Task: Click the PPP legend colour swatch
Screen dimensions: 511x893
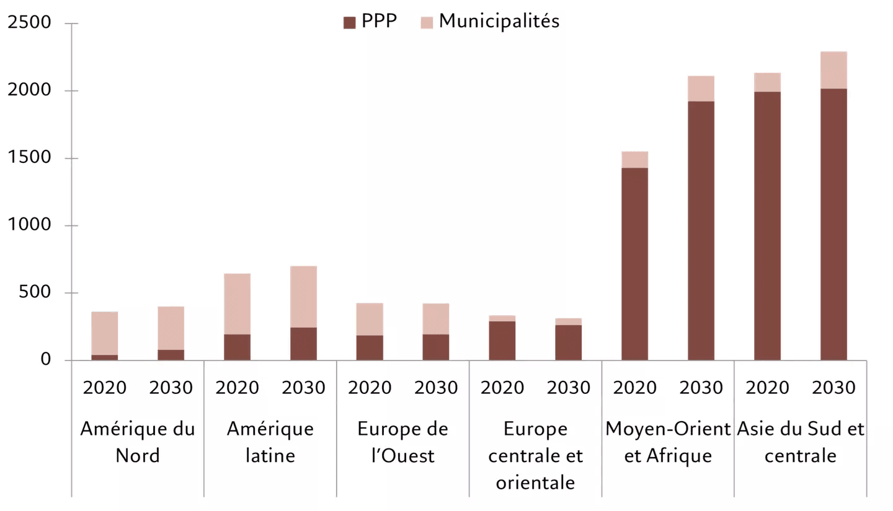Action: pyautogui.click(x=350, y=23)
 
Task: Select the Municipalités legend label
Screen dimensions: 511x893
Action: pyautogui.click(x=499, y=22)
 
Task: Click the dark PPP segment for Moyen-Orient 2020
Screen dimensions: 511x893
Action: pyautogui.click(x=634, y=263)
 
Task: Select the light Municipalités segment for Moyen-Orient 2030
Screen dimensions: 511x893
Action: pyautogui.click(x=701, y=89)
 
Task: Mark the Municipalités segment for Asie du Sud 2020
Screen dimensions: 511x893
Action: pyautogui.click(x=767, y=82)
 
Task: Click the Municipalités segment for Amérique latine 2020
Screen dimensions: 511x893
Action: pyautogui.click(x=237, y=304)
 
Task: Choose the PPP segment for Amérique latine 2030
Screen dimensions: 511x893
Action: pyautogui.click(x=303, y=344)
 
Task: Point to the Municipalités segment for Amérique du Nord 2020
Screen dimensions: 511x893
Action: pyautogui.click(x=104, y=333)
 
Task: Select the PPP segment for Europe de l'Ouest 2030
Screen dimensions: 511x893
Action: pyautogui.click(x=436, y=347)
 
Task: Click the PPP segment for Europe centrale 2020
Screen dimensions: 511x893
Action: pyautogui.click(x=502, y=341)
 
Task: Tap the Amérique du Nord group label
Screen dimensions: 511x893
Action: pyautogui.click(x=137, y=442)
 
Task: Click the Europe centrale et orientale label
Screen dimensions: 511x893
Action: pyautogui.click(x=535, y=455)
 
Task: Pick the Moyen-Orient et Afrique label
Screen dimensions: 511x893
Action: pyautogui.click(x=668, y=442)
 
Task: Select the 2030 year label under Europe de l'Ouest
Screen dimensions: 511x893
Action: pyautogui.click(x=436, y=388)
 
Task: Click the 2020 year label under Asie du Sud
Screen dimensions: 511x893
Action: pyautogui.click(x=767, y=388)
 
